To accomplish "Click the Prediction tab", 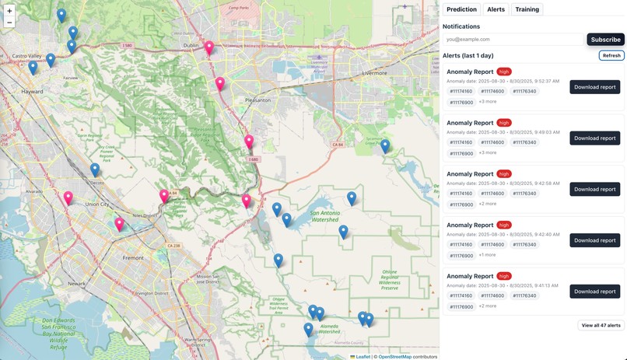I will [462, 9].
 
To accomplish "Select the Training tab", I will [527, 9].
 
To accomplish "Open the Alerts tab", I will [496, 9].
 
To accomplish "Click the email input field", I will [513, 39].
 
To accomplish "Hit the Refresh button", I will [611, 55].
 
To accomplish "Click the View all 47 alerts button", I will [601, 325].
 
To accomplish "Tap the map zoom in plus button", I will [9, 11].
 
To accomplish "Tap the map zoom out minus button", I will [9, 23].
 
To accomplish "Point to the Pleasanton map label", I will [257, 100].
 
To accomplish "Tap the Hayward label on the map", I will [33, 91].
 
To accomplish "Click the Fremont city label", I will [133, 257].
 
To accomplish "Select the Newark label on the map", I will [76, 284].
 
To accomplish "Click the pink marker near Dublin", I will [209, 48].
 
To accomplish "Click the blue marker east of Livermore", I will [384, 145].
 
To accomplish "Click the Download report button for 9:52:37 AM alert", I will [594, 87].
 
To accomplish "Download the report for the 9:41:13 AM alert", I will [594, 292].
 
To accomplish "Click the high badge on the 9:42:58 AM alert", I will [504, 173].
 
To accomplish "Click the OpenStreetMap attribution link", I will [394, 356].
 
